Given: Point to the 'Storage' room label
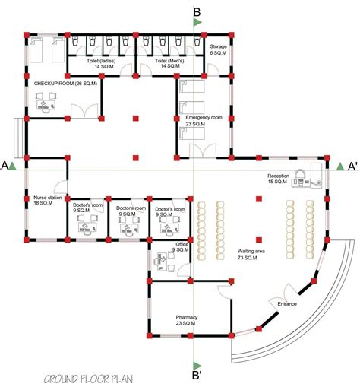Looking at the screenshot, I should pos(219,47).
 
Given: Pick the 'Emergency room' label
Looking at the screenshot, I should pos(204,118).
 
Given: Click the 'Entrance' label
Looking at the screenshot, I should pos(287,304).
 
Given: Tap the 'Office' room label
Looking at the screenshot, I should pos(182,244).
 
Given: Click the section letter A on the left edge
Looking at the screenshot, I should pos(5,165).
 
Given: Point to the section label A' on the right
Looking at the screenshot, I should pos(352,165).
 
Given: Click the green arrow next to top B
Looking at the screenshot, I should pos(197,23).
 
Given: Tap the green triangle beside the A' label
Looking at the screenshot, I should pos(339,167).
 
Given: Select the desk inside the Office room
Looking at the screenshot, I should pos(162,261).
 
